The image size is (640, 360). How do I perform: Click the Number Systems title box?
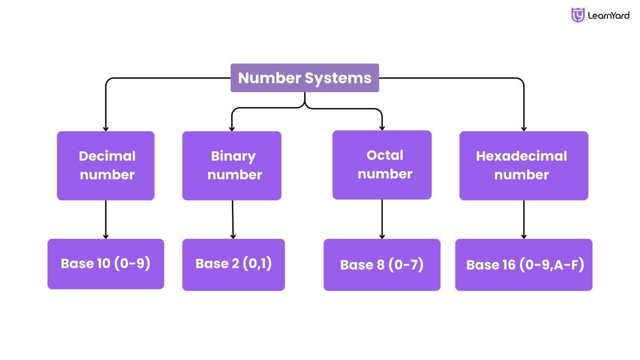304,78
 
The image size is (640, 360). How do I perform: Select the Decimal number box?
106,166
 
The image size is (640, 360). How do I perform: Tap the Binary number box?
232,166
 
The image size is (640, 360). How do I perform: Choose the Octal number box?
382,165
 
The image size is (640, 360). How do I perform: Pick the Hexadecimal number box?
523,166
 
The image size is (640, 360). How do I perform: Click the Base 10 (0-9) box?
106,264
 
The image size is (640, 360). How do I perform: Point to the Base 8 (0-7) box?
382,264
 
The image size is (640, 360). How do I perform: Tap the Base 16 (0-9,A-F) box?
523,264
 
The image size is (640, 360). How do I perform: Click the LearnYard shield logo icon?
577,15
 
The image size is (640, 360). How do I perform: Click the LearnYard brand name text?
608,16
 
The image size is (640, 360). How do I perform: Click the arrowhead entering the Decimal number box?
106,128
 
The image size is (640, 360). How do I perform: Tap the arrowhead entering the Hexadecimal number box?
524,128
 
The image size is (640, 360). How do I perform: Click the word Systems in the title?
338,78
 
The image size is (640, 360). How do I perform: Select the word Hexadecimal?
521,156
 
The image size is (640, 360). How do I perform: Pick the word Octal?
385,155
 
